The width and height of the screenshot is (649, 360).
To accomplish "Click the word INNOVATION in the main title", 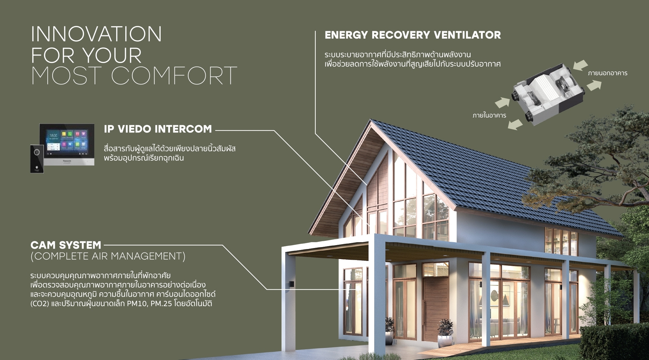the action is point(96,34).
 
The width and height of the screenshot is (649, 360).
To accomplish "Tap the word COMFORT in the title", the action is point(174,76).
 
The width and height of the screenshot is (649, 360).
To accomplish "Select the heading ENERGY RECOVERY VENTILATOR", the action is point(413,35).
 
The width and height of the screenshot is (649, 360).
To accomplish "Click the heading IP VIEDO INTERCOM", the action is point(158,129).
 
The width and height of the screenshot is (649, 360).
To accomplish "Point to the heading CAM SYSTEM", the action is point(66,245).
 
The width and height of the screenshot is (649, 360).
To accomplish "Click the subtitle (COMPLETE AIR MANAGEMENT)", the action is point(108,256).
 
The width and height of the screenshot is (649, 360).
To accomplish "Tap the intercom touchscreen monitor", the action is point(67,144).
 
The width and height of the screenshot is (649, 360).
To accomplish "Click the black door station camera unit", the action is point(37,158).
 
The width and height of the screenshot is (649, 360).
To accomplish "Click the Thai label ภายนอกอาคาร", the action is point(607,73).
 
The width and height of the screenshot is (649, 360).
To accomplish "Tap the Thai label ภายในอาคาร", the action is point(489,115).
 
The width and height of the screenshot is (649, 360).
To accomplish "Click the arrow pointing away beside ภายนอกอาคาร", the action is point(594,85).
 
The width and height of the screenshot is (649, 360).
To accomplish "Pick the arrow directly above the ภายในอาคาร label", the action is point(502,103).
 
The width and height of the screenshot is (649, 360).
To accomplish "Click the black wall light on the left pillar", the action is point(291,284).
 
